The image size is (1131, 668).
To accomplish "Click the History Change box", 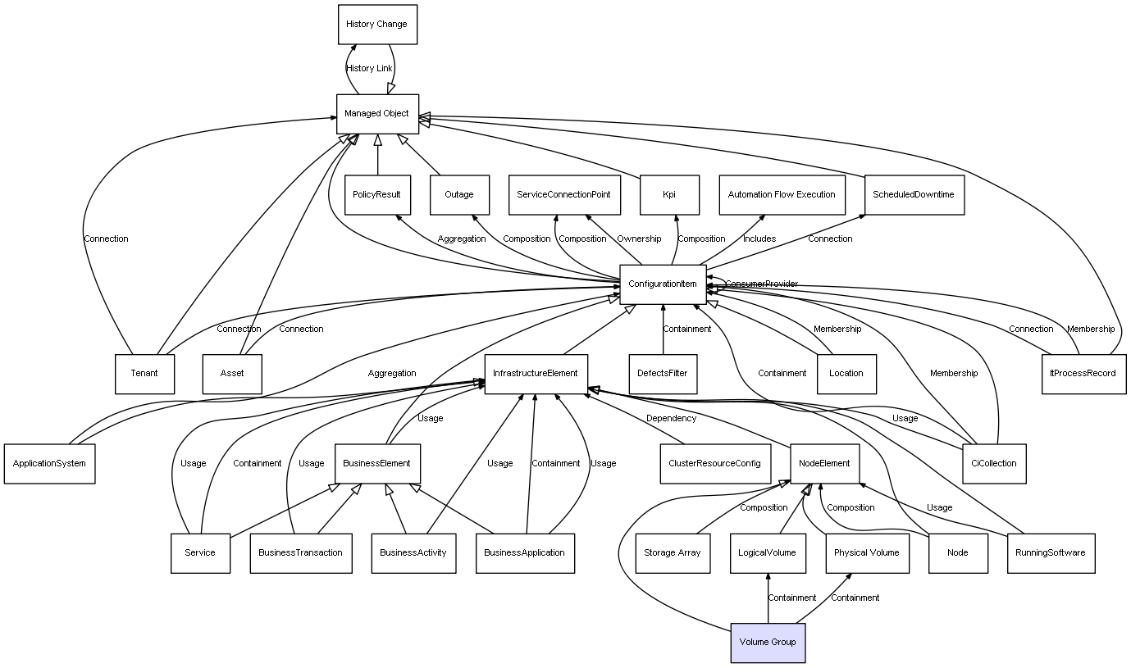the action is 377,25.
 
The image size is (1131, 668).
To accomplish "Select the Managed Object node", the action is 377,114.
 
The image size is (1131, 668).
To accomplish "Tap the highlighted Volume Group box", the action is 768,643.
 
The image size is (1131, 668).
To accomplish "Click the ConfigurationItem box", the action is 663,284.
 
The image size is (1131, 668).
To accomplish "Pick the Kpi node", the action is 669,195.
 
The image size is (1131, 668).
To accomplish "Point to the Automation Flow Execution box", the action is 782,195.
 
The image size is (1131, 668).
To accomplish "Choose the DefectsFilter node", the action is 663,374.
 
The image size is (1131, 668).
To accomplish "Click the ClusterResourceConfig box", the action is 715,464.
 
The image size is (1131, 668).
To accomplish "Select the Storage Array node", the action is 673,553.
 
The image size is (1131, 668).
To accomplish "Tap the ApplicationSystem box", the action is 49,464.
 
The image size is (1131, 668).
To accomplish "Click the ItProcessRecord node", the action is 1083,374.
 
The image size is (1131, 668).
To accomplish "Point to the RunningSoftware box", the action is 1051,553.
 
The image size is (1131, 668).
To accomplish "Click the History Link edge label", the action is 369,69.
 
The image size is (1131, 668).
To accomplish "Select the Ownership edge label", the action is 639,239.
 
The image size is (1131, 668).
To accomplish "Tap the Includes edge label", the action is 759,239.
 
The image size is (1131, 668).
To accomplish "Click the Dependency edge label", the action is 671,418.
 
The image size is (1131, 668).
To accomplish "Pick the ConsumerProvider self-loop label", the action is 762,284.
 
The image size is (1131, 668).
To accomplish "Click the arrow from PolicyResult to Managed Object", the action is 377,155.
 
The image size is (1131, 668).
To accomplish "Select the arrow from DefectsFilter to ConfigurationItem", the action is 663,329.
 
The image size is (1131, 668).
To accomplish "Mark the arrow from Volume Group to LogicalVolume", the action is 768,598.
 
